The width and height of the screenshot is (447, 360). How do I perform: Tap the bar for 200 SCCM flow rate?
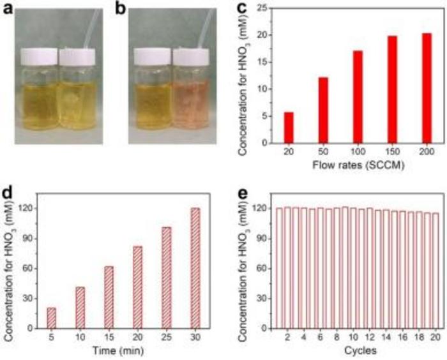point(427,88)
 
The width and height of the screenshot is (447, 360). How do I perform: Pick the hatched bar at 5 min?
point(50,318)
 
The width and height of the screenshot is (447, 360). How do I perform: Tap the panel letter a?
point(8,10)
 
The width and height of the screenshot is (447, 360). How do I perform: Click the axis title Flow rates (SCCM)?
point(357,168)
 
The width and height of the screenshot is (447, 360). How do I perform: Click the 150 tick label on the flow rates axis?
point(391,155)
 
